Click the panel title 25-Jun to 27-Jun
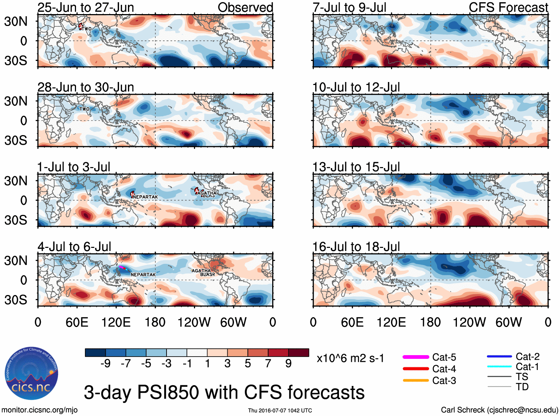pos(86,7)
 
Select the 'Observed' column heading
pos(245,7)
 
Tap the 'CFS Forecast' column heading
pos(508,7)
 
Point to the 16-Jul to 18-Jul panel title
pos(356,247)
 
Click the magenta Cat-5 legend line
pos(416,357)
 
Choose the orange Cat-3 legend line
pos(416,380)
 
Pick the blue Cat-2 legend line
pos(499,356)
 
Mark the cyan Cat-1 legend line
pos(499,367)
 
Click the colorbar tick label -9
pos(105,364)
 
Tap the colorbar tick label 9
pos(289,364)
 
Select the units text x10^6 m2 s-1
pos(350,358)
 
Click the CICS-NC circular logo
pos(32,374)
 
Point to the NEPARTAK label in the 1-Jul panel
pos(145,197)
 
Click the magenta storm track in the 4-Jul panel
pos(122,267)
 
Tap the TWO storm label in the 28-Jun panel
pos(84,109)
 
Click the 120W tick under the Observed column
pos(194,322)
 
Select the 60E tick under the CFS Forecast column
pos(352,322)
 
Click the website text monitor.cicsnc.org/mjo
pos(40,410)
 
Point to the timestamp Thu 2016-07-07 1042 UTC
pos(280,410)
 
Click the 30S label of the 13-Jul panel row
pos(16,220)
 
